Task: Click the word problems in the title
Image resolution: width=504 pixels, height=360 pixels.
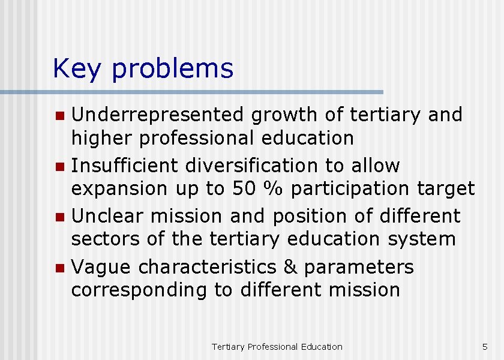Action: [172, 70]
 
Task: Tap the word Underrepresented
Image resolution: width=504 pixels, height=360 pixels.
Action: [158, 114]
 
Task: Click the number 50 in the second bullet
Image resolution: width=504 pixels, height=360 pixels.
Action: [244, 188]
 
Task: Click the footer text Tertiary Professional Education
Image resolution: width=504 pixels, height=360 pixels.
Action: [277, 347]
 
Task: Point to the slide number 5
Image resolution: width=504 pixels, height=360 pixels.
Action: [485, 347]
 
